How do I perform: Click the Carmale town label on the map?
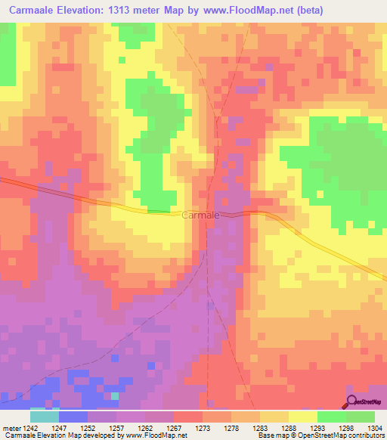click(201, 215)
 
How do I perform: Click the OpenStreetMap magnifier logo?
click(352, 402)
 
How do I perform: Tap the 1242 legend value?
click(31, 428)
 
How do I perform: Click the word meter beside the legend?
click(11, 428)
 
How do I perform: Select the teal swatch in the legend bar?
click(45, 417)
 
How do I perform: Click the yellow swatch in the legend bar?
click(302, 417)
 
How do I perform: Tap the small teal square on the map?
click(114, 395)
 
